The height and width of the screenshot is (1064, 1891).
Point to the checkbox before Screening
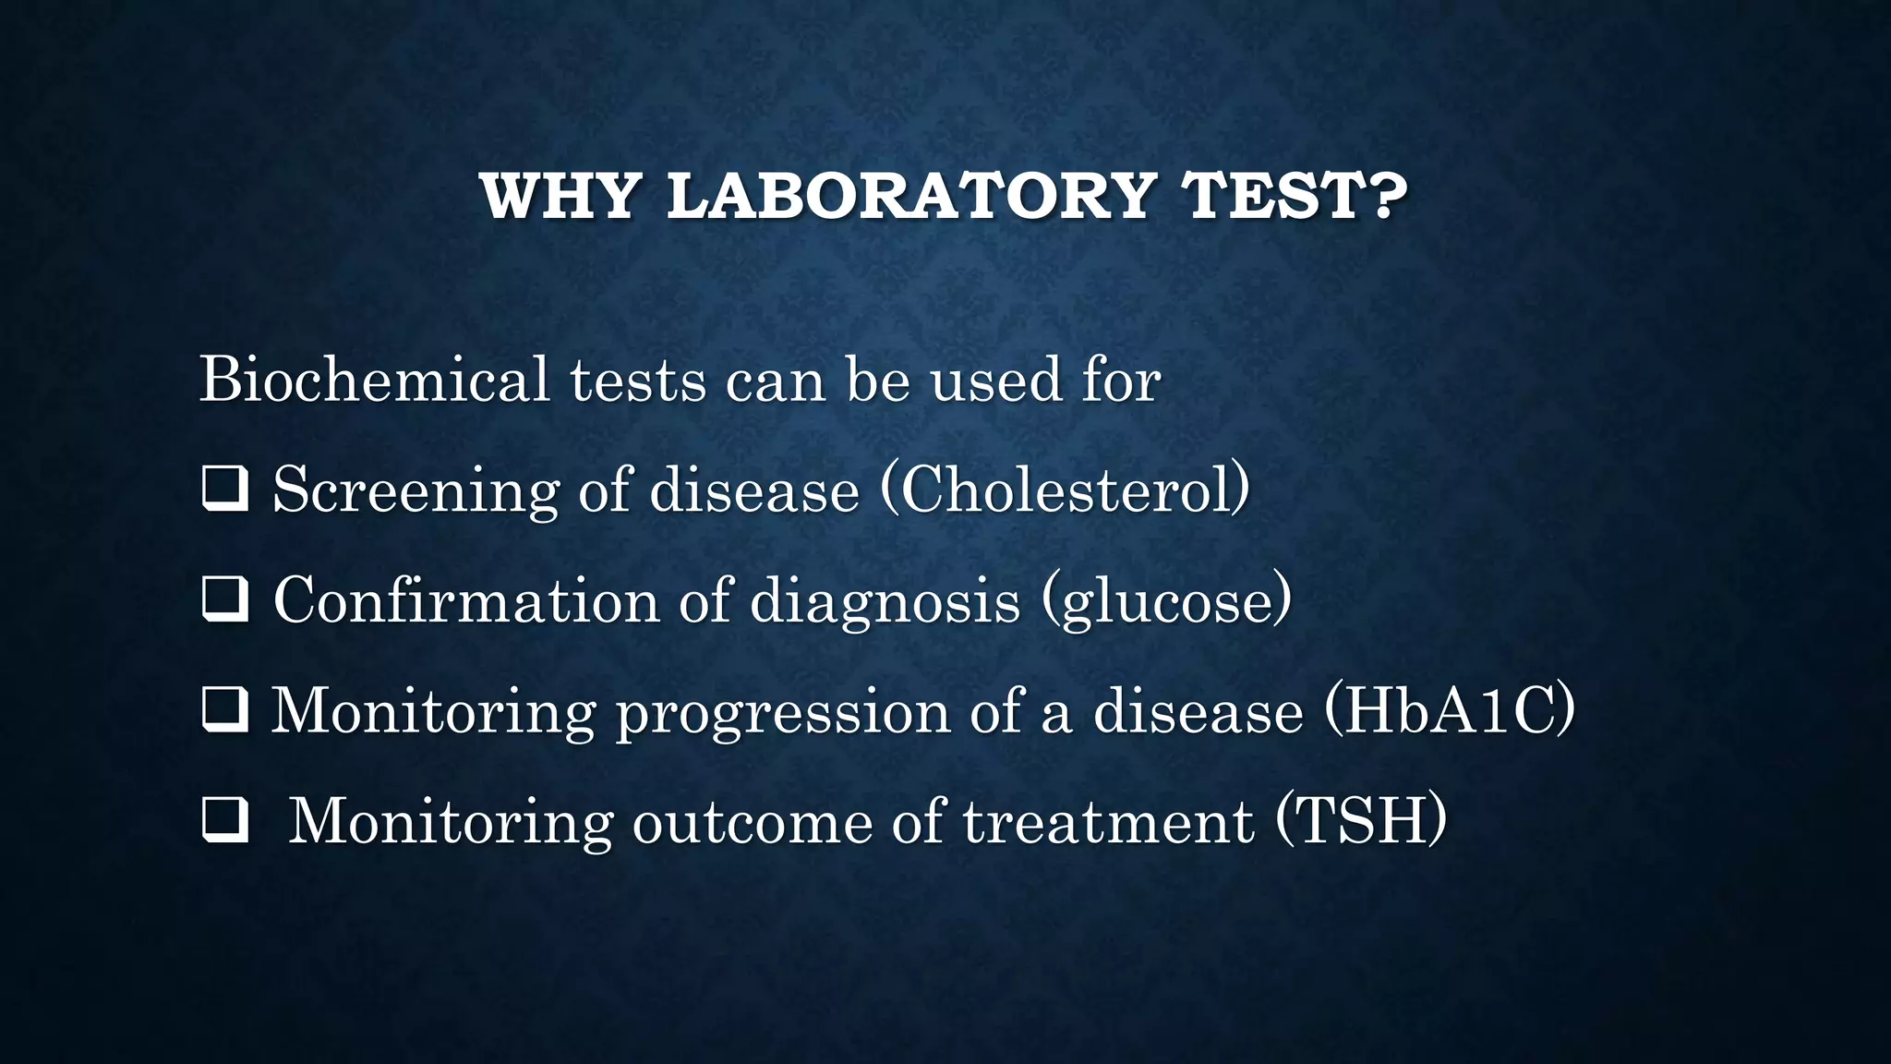(224, 490)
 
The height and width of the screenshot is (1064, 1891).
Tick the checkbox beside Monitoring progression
(224, 711)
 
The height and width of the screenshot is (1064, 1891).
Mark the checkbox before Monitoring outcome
(224, 821)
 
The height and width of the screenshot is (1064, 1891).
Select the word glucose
(1166, 601)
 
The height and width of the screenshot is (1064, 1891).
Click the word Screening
(416, 490)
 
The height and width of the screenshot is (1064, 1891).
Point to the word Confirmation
(466, 600)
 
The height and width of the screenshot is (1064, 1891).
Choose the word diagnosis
(885, 601)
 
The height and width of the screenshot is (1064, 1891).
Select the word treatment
(1108, 821)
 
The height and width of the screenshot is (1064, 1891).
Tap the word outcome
(752, 821)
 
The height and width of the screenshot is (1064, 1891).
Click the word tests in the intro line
(637, 380)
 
